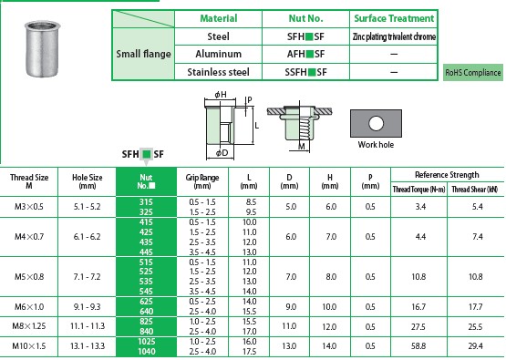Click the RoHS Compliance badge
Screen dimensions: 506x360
tap(473, 73)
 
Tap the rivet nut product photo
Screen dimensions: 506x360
tap(42, 48)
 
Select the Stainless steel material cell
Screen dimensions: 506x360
tap(219, 72)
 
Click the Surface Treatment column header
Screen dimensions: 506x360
tap(394, 18)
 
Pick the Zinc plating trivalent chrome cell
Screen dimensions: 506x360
tap(394, 36)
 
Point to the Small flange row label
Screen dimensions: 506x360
tap(143, 54)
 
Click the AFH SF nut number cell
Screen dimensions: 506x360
tap(305, 54)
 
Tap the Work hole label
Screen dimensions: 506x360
tap(376, 145)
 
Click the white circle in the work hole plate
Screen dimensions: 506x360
tap(376, 123)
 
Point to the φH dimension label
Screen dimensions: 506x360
tap(221, 95)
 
